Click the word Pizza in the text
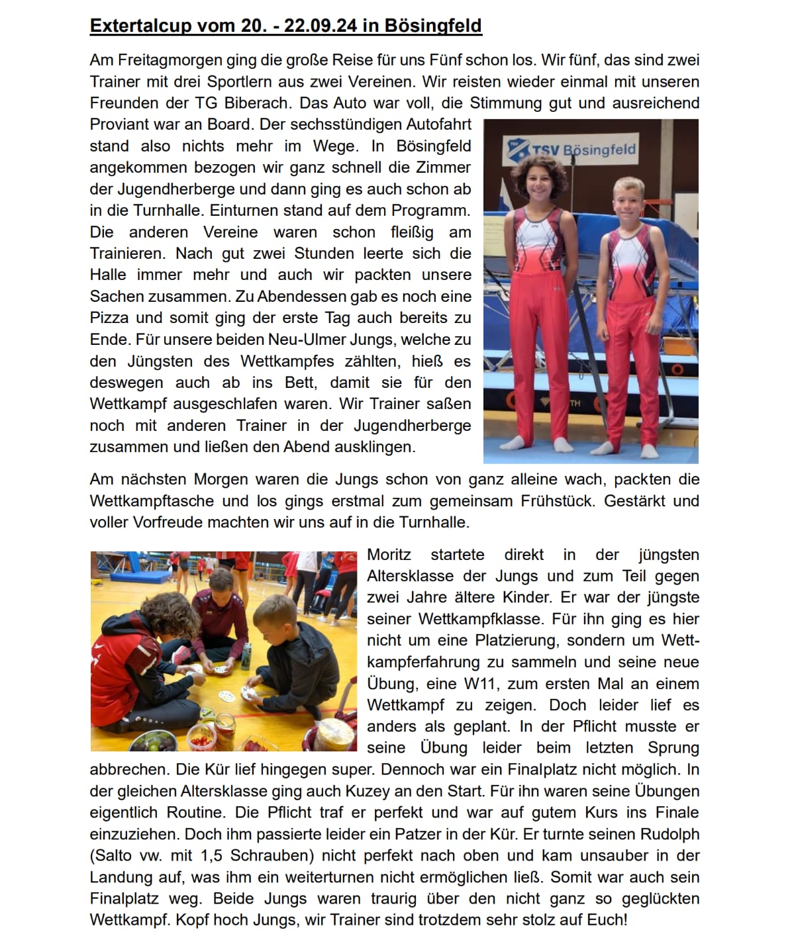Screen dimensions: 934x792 point(109,318)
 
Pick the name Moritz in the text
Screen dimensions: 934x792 point(389,555)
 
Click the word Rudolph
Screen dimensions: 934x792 point(671,834)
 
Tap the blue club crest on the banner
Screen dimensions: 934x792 point(517,149)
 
